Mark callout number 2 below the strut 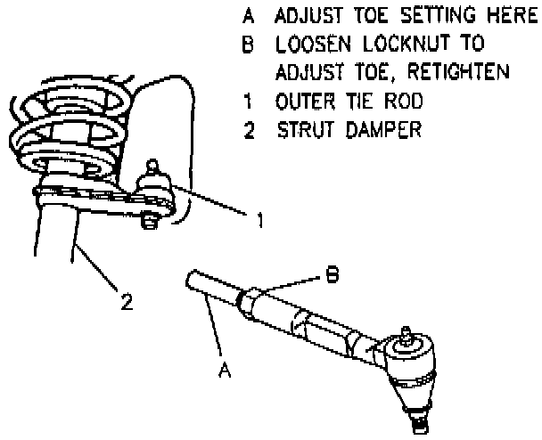(127, 302)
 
